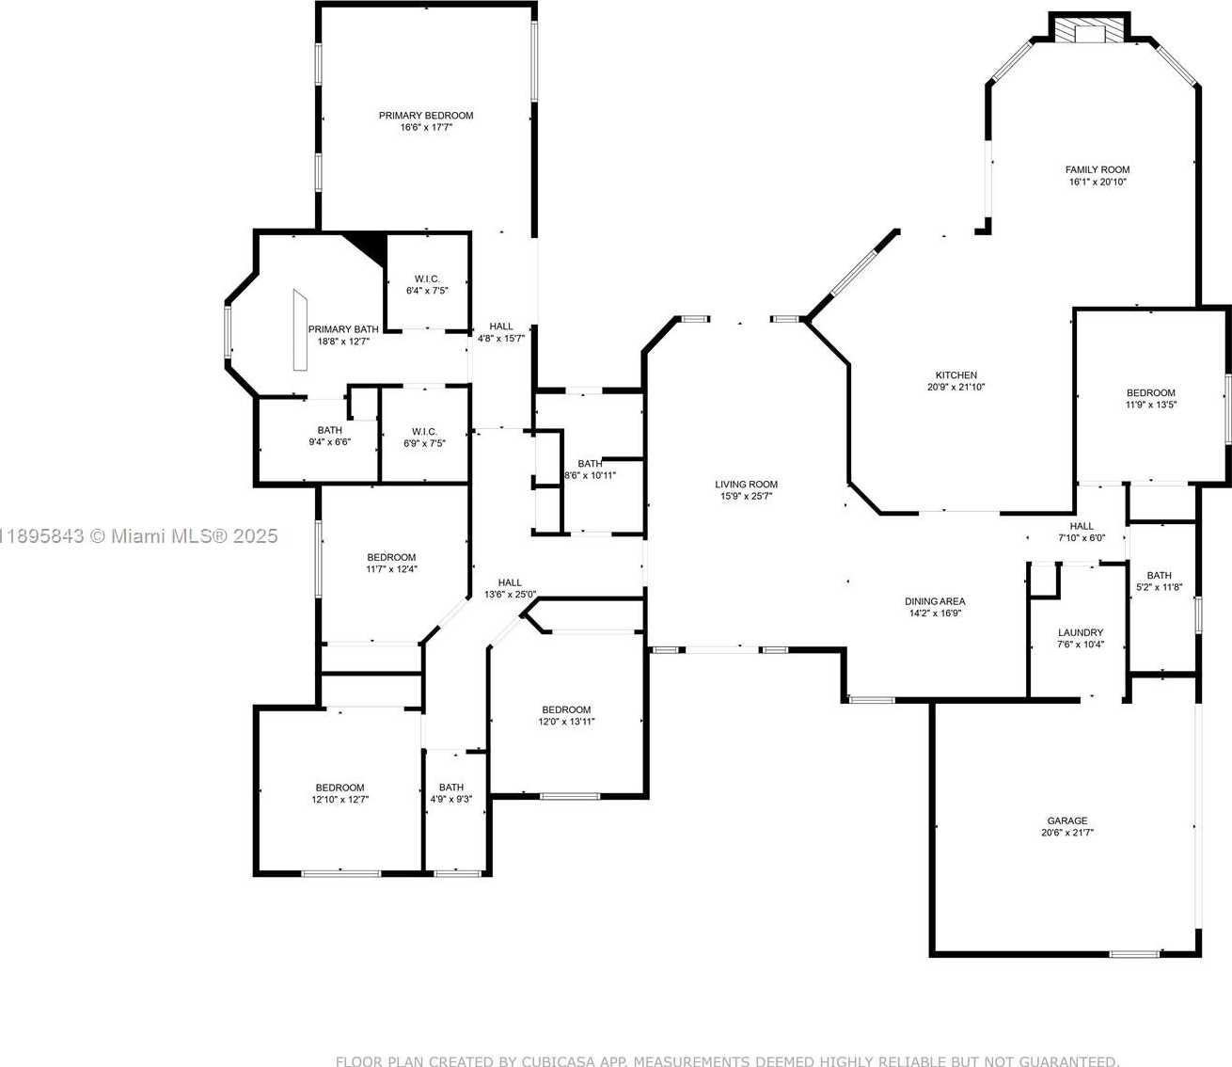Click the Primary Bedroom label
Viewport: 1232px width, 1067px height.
click(426, 115)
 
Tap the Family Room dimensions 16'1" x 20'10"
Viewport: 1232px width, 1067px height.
click(1098, 182)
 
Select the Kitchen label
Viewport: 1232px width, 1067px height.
click(956, 375)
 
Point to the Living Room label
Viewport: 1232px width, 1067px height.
click(746, 485)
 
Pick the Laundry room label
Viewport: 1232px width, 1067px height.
click(1081, 632)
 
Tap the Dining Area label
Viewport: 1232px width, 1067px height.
click(935, 601)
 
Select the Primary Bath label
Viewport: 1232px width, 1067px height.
click(343, 329)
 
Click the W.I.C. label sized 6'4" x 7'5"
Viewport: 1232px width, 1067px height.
click(427, 279)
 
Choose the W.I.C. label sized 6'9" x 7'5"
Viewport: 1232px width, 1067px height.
click(424, 431)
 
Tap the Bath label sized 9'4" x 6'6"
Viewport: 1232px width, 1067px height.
click(329, 430)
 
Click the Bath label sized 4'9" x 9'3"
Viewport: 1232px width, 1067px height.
click(451, 788)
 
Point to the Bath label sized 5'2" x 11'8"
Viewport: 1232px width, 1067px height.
click(1160, 575)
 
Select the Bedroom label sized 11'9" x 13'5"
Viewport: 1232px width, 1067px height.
click(1151, 392)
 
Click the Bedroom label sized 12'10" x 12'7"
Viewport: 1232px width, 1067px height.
click(340, 788)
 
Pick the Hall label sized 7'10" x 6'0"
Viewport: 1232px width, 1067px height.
click(1082, 526)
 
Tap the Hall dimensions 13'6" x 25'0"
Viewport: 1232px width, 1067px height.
click(511, 595)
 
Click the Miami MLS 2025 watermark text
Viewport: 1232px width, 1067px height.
click(139, 536)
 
